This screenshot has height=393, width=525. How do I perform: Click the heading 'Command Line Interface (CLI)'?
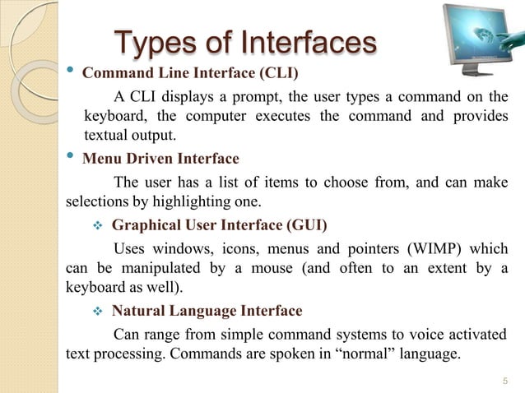tap(191, 72)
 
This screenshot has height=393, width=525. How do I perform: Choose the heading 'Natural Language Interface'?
tap(207, 311)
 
